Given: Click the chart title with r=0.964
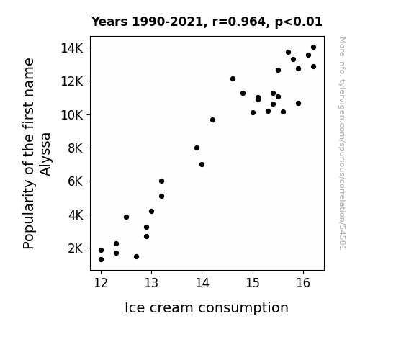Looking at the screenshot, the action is [x=207, y=22].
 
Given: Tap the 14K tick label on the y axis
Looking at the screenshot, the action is [x=72, y=48].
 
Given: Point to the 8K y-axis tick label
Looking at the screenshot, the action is [x=76, y=148].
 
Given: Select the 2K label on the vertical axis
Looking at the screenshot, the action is [x=76, y=248].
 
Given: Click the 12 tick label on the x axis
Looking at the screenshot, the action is [x=101, y=283].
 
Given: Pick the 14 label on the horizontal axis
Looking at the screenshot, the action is [x=202, y=283].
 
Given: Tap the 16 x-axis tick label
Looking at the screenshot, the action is [x=303, y=283].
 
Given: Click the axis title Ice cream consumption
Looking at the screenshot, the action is [x=207, y=307].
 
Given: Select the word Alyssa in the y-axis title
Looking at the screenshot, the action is [x=45, y=154].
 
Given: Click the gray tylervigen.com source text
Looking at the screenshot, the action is [x=342, y=143].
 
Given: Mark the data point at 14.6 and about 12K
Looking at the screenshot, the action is [x=233, y=79].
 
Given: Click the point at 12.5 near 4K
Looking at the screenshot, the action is [x=126, y=217].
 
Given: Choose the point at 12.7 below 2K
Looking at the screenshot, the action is [x=136, y=257].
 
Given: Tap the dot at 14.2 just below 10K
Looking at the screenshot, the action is [x=212, y=120].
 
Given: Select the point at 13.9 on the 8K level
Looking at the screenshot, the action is [x=197, y=148].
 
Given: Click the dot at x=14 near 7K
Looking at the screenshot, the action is [x=202, y=165].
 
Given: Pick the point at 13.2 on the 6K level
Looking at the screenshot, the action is [x=161, y=181].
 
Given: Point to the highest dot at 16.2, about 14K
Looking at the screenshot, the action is [x=313, y=48].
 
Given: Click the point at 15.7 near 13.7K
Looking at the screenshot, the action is [x=288, y=53].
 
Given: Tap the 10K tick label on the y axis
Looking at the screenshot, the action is [x=72, y=115].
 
